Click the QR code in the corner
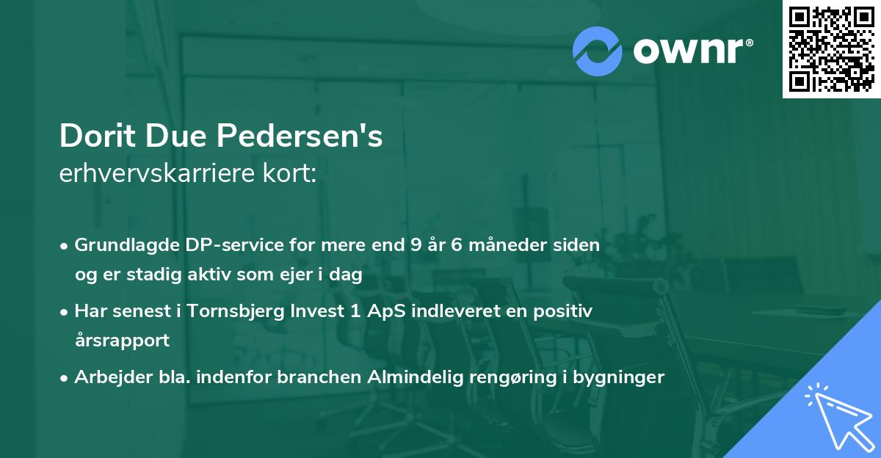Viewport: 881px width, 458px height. pos(832,48)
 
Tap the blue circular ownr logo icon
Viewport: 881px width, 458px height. pos(598,50)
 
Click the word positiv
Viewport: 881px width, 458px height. pos(566,310)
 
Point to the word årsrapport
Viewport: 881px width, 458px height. pos(122,341)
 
